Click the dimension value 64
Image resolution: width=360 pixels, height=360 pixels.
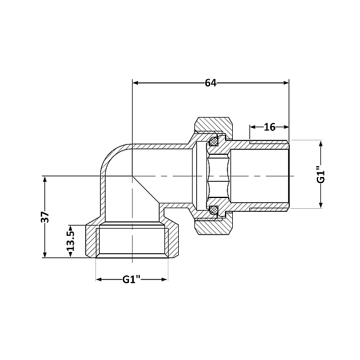click(210, 83)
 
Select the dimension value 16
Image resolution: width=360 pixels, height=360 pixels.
click(269, 127)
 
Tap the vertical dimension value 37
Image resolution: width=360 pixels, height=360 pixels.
click(44, 217)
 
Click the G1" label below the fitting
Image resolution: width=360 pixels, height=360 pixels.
click(132, 280)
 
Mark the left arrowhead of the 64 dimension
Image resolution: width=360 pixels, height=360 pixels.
click(135, 83)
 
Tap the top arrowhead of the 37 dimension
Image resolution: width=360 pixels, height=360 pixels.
click(44, 179)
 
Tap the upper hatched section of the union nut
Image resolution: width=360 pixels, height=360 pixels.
click(215, 125)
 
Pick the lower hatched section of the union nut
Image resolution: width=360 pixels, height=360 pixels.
click(215, 227)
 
